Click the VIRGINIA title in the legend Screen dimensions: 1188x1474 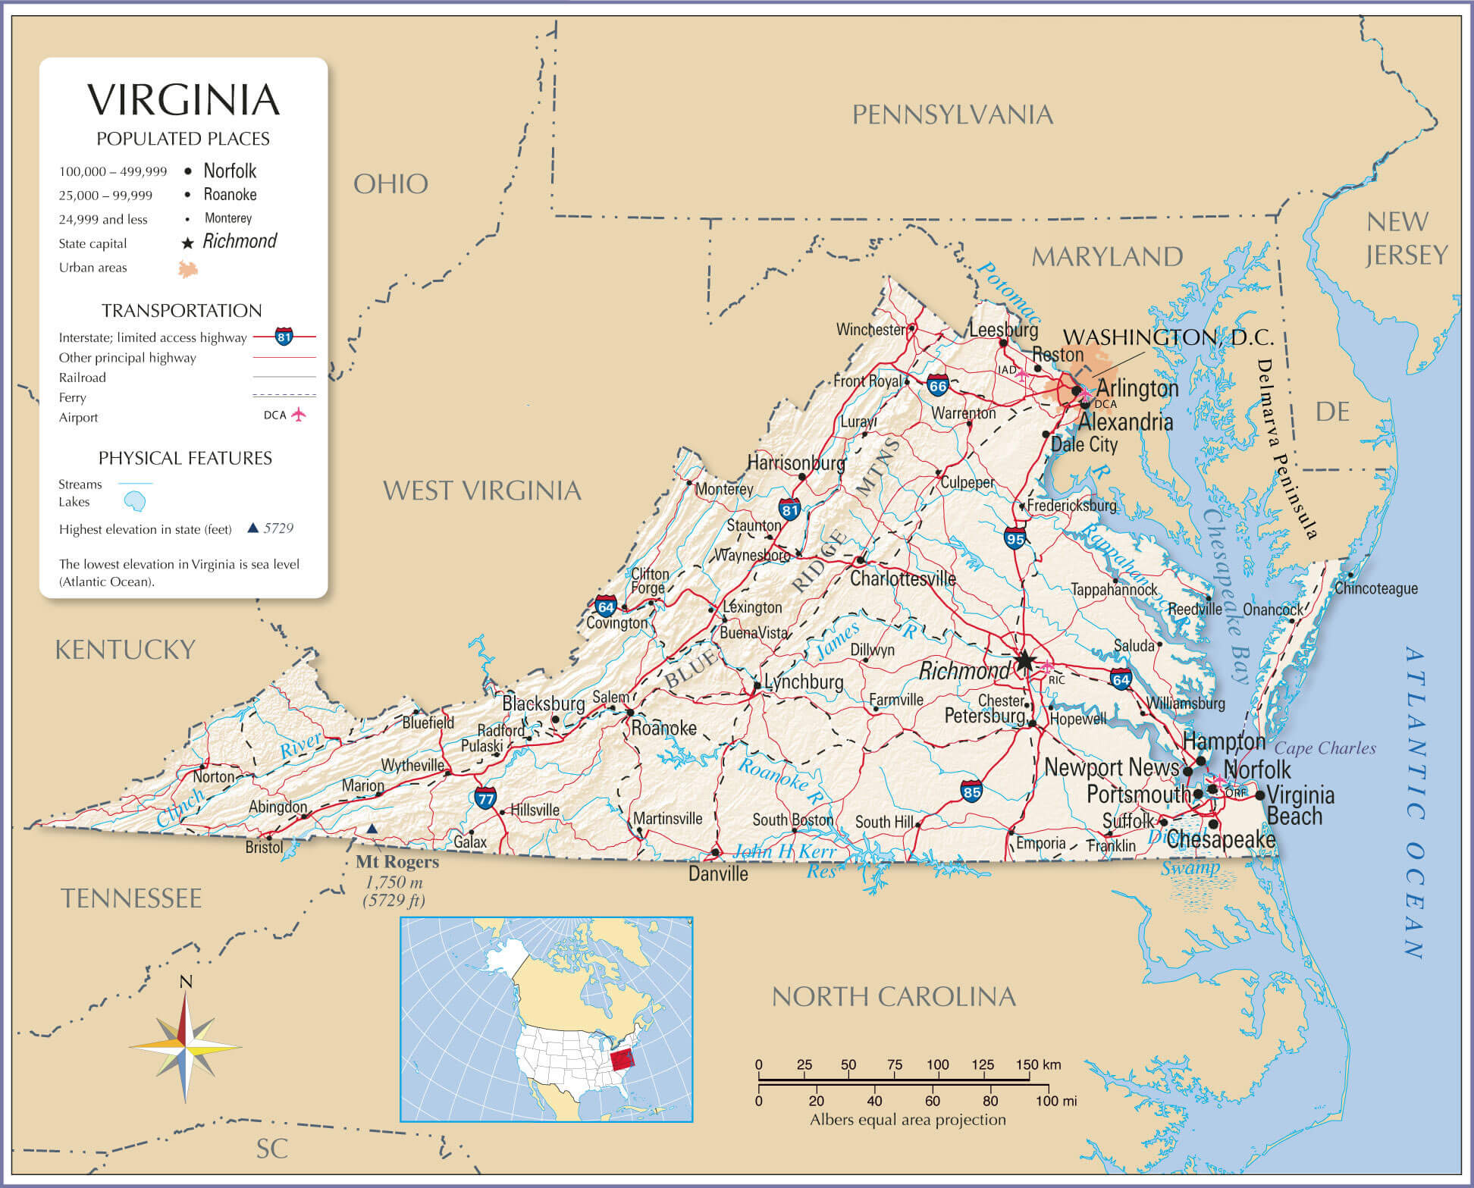(x=183, y=100)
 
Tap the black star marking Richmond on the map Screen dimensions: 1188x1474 (x=1024, y=661)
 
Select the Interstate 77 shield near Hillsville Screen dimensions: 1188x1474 (x=485, y=798)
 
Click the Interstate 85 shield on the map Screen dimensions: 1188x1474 (x=971, y=791)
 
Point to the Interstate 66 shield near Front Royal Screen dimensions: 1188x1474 (x=938, y=385)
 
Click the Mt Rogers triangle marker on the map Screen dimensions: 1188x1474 (x=372, y=829)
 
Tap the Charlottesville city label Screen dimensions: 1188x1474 (x=902, y=578)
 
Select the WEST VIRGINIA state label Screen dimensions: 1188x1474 (x=481, y=491)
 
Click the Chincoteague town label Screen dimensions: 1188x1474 (x=1375, y=588)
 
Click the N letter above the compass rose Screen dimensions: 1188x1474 (x=186, y=983)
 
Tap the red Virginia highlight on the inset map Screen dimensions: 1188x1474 (x=623, y=1061)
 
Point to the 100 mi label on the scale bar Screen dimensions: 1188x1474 (x=1057, y=1100)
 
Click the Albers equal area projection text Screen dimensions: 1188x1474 (x=908, y=1120)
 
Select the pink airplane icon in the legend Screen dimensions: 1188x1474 (x=299, y=415)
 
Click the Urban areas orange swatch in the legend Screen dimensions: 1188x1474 (x=187, y=268)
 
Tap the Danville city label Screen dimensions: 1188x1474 (x=717, y=874)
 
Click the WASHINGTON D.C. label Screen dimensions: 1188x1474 (x=1168, y=337)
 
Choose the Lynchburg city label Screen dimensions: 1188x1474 (x=803, y=682)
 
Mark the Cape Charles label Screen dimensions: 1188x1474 (x=1325, y=748)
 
